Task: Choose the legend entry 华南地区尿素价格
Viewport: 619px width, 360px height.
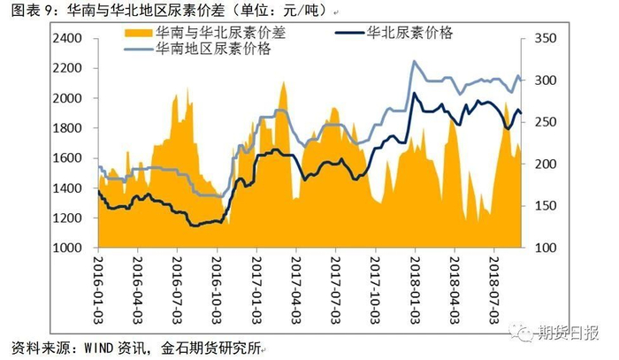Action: pos(212,49)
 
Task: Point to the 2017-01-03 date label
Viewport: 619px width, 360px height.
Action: pos(256,282)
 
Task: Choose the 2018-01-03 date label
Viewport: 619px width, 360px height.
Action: pos(415,282)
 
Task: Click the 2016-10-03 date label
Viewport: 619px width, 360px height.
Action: pos(217,282)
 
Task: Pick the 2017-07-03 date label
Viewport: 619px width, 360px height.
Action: pos(335,282)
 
